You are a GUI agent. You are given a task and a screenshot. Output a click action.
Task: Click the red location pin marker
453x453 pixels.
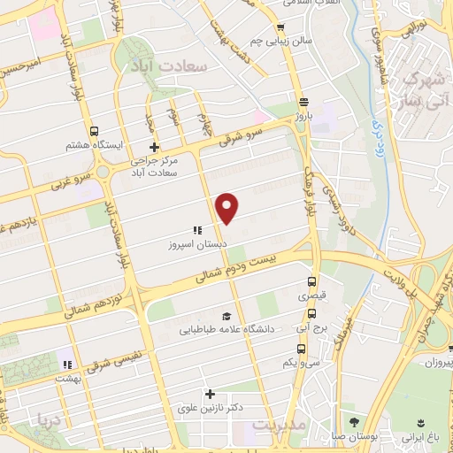[228, 207]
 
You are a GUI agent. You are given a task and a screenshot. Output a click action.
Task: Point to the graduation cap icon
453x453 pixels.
[226, 316]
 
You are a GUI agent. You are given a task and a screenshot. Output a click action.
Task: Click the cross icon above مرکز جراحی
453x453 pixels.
[154, 147]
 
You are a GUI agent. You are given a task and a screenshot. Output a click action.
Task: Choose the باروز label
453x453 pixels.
[304, 116]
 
